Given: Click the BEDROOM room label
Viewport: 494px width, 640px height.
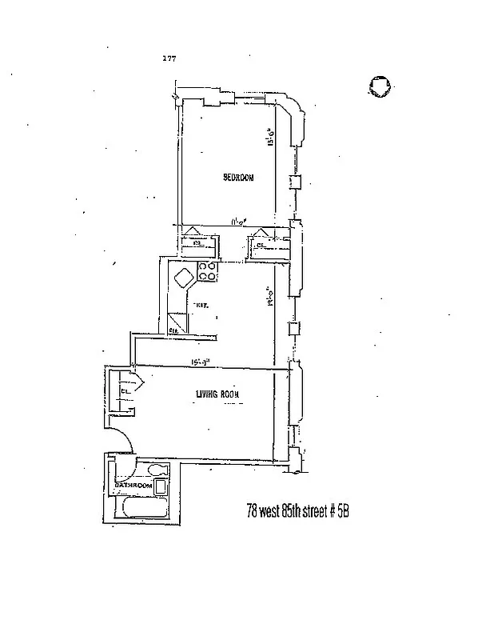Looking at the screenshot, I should pos(237,178).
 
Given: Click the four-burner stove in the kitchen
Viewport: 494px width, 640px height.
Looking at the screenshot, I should pos(208,272).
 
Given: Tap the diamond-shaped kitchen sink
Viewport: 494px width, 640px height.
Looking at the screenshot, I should pos(183,279).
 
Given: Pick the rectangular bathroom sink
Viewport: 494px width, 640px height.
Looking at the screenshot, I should pos(161,486).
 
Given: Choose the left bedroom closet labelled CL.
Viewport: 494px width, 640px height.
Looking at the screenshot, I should pos(193,245).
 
